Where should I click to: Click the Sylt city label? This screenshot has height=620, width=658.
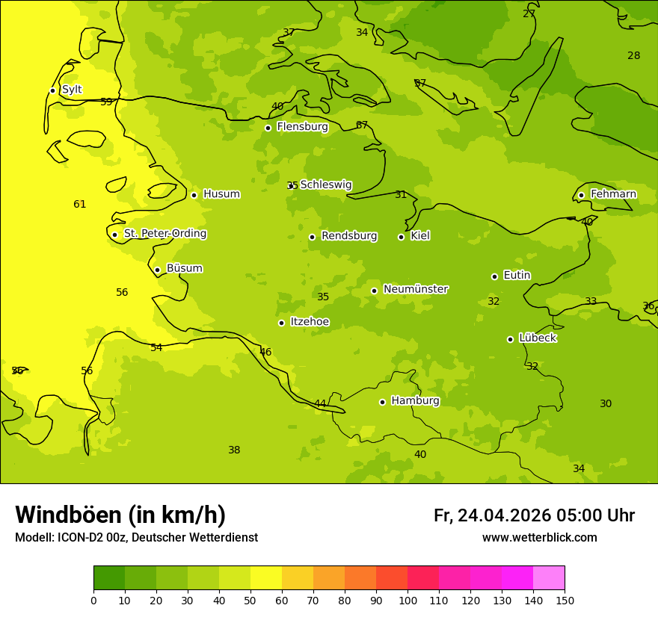click(72, 90)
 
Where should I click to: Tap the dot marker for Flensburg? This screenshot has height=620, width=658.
click(268, 128)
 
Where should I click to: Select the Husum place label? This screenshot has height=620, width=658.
click(221, 194)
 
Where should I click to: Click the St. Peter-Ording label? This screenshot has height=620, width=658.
click(164, 234)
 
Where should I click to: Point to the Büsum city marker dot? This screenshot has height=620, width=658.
click(157, 270)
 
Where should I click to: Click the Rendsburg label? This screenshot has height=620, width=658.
click(349, 236)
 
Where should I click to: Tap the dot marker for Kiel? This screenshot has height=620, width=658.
click(401, 237)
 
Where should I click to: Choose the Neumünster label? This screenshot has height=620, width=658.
click(415, 289)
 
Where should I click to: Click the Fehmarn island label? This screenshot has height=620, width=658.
click(613, 194)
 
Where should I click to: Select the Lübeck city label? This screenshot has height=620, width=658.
click(537, 338)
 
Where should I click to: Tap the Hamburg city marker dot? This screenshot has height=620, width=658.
click(382, 402)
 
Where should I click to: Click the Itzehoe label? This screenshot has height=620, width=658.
click(310, 322)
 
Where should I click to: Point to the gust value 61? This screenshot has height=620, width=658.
click(80, 205)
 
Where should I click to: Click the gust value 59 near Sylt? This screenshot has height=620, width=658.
click(106, 102)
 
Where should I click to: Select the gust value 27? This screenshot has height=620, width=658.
click(529, 14)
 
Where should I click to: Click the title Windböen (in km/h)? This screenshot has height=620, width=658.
click(120, 515)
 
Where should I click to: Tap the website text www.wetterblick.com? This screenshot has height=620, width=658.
click(539, 538)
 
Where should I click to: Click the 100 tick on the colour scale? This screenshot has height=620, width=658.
click(408, 600)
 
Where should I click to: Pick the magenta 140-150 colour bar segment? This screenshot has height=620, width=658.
click(549, 578)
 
